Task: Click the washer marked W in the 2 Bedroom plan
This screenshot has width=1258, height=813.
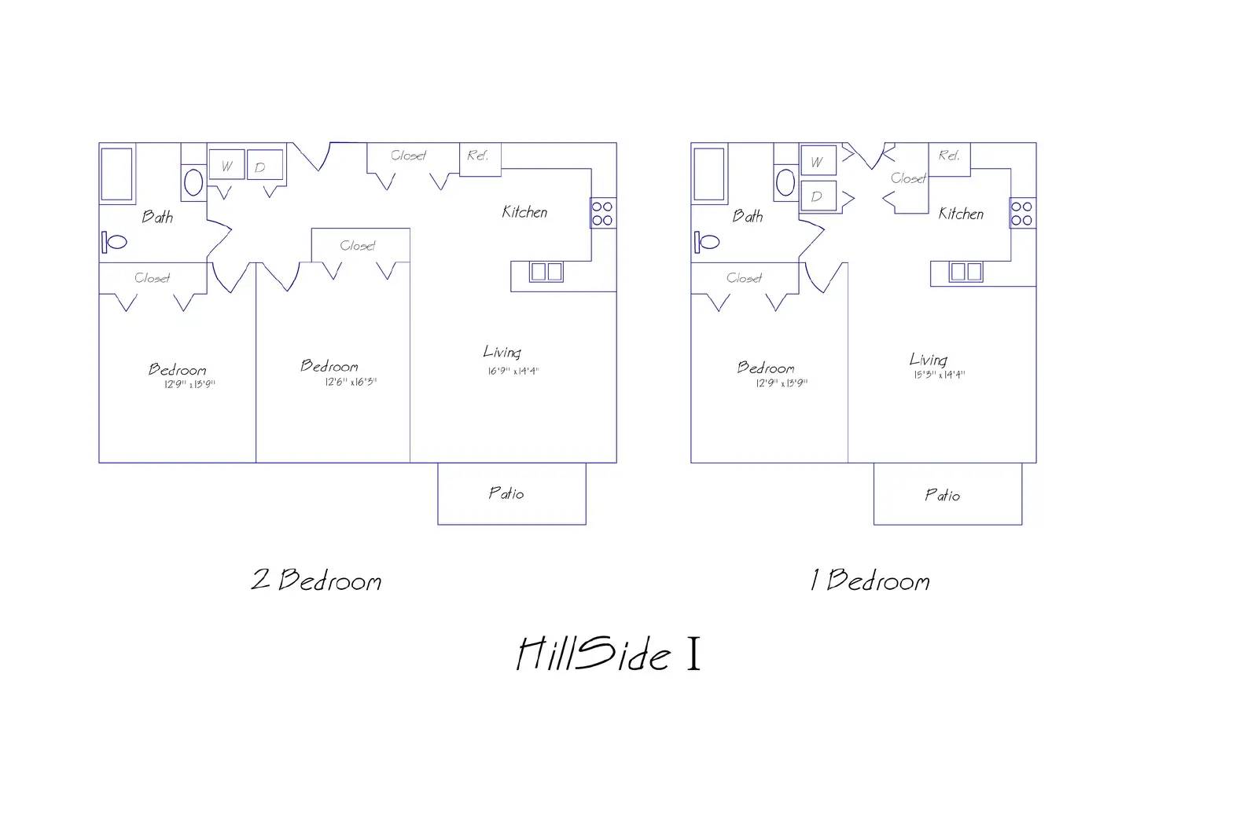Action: point(226,166)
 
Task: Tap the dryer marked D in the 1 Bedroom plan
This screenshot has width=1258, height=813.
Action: point(817,196)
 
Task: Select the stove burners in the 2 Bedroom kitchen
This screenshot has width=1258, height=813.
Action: point(602,214)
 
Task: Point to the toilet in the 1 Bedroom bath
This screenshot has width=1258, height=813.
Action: point(708,242)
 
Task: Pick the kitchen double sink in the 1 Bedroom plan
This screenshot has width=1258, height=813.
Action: point(965,272)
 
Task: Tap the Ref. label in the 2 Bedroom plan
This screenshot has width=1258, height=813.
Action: point(478,156)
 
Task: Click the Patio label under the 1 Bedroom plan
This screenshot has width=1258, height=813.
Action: point(942,495)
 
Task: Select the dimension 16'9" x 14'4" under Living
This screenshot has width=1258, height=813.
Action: point(513,371)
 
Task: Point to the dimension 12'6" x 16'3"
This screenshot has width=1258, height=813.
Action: point(351,383)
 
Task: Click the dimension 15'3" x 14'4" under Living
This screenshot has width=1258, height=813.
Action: point(939,375)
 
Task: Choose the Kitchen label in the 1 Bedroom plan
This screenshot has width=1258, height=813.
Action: point(961,214)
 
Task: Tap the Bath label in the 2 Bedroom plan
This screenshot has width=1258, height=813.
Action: point(157,217)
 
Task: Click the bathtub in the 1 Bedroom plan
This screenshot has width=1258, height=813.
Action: point(708,174)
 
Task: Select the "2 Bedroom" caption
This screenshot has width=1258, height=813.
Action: point(316,580)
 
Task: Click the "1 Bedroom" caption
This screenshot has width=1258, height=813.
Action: point(870,580)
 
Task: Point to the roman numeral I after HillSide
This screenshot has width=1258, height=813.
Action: point(693,655)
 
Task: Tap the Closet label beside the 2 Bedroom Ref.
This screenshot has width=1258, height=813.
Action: point(409,156)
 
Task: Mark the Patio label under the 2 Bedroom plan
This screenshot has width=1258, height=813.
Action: point(506,493)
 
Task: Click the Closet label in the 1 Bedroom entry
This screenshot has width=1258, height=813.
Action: point(908,178)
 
